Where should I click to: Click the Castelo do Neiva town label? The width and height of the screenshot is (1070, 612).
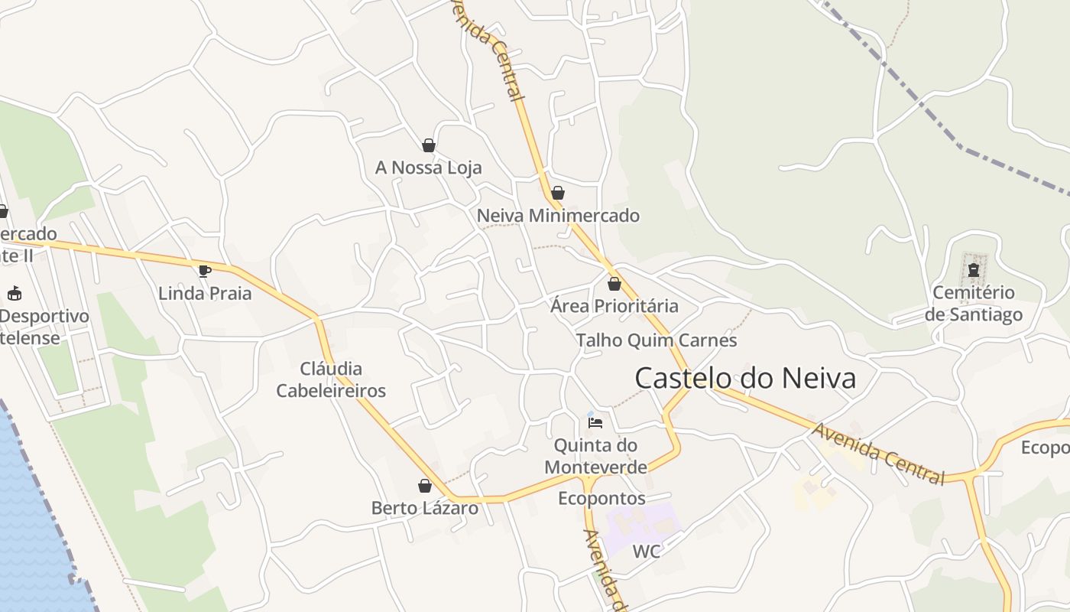click(x=745, y=378)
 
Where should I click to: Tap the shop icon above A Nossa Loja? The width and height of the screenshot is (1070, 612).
click(x=429, y=145)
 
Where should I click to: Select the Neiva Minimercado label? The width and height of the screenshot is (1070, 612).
click(x=558, y=216)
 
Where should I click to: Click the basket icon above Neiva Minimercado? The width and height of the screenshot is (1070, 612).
click(x=558, y=193)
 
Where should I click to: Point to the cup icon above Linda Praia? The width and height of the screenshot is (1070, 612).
click(x=204, y=270)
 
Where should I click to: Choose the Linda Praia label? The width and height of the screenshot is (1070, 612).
click(x=205, y=293)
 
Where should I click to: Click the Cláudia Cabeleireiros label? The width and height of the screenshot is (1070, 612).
click(x=331, y=379)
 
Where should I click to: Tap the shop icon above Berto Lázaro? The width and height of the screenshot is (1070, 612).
click(x=425, y=486)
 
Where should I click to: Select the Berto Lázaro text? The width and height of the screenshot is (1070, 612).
click(x=425, y=508)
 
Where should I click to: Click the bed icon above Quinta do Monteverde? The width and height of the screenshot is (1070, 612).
click(x=595, y=422)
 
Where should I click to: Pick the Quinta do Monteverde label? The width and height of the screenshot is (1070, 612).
click(x=595, y=456)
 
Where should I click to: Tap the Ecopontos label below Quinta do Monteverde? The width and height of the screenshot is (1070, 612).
click(x=601, y=499)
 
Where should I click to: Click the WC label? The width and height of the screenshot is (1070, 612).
click(x=646, y=552)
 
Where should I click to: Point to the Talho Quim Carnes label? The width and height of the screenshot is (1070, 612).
click(x=657, y=340)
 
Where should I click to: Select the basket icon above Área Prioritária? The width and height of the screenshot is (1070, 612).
click(x=614, y=284)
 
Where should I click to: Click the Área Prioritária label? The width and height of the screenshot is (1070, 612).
click(x=614, y=306)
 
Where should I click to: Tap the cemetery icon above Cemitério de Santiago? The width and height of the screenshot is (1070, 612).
click(x=974, y=269)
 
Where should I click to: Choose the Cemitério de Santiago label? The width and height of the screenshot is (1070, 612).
click(x=974, y=304)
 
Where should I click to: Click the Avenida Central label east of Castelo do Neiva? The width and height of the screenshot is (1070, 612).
click(x=878, y=454)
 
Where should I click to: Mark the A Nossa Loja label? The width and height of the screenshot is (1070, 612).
click(x=429, y=168)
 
